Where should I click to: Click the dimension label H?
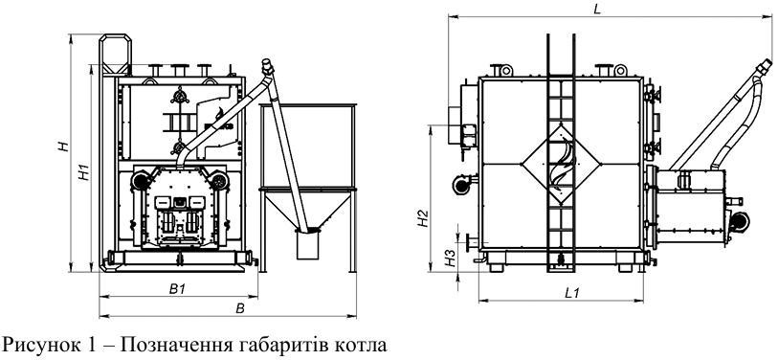[x=63, y=146]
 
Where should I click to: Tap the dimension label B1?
[x=177, y=289]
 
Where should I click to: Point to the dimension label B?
[x=240, y=309]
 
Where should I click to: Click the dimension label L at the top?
[x=597, y=9]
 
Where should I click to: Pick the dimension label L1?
[x=572, y=293]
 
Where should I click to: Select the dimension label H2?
[x=423, y=219]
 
